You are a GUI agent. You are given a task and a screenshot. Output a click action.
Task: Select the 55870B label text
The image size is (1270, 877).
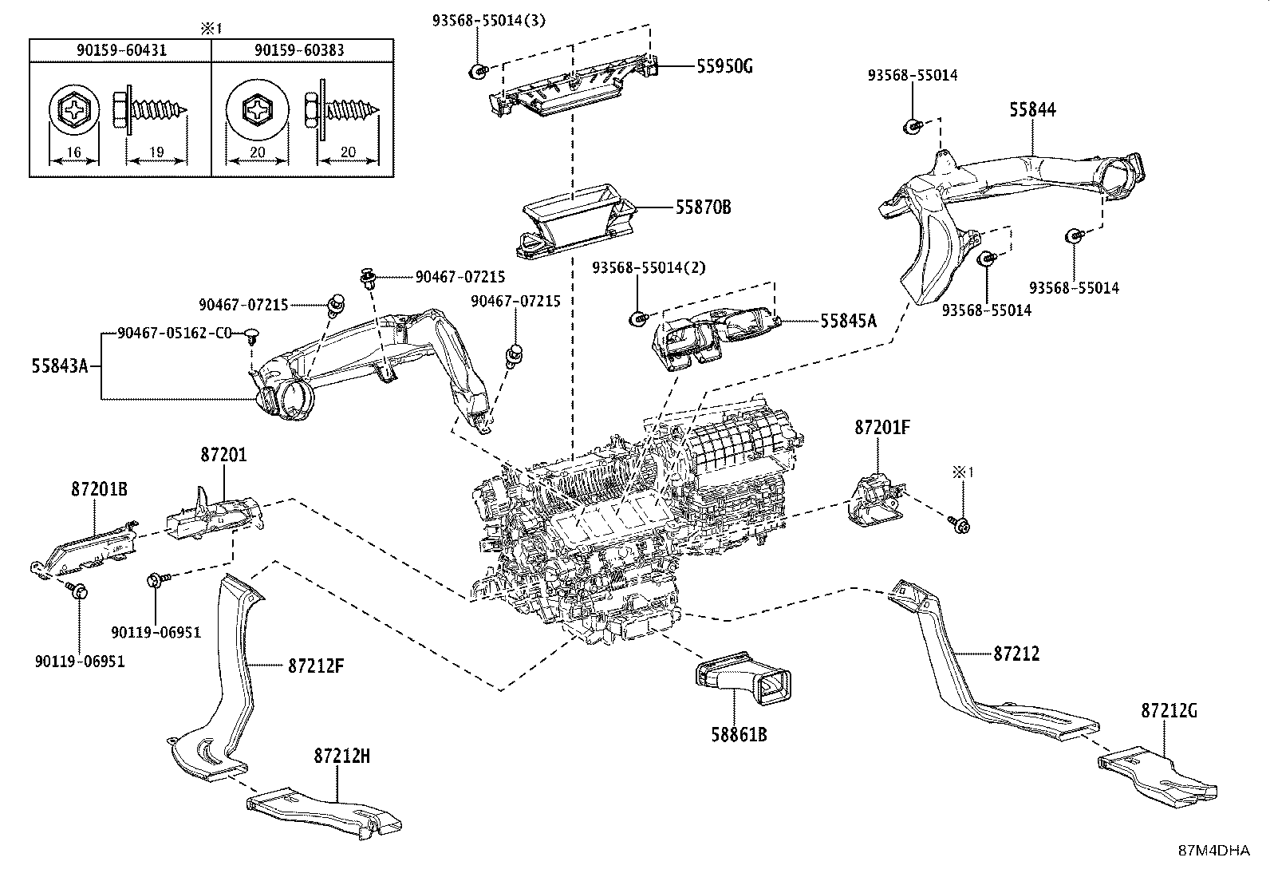(x=703, y=207)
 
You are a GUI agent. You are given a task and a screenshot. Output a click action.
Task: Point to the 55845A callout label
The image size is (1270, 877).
(x=848, y=321)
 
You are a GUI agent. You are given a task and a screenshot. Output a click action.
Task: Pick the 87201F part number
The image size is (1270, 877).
(x=882, y=428)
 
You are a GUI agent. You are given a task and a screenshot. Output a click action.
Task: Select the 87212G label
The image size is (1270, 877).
(x=1169, y=709)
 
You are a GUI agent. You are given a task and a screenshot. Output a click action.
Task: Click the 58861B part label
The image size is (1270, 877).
(x=738, y=734)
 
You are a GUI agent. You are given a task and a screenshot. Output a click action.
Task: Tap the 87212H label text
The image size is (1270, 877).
(x=341, y=757)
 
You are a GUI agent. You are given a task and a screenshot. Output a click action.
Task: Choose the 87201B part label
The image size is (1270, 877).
(x=99, y=489)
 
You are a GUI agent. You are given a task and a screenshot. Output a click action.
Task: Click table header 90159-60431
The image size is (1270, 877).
(x=121, y=50)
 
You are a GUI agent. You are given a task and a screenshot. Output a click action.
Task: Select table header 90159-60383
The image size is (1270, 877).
(x=299, y=50)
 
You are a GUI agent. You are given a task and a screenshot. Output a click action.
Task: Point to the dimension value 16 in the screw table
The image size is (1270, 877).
(x=74, y=152)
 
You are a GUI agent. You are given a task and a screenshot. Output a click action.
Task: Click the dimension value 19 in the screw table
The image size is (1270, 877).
(x=156, y=152)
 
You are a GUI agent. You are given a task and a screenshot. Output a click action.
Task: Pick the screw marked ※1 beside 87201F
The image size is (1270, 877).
(x=960, y=523)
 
